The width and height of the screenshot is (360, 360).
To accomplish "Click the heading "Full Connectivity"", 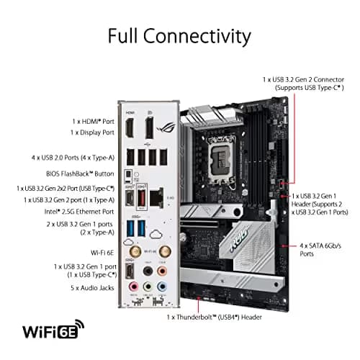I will pyautogui.click(x=179, y=36).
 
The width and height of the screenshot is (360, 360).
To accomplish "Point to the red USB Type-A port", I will pyautogui.click(x=143, y=197).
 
